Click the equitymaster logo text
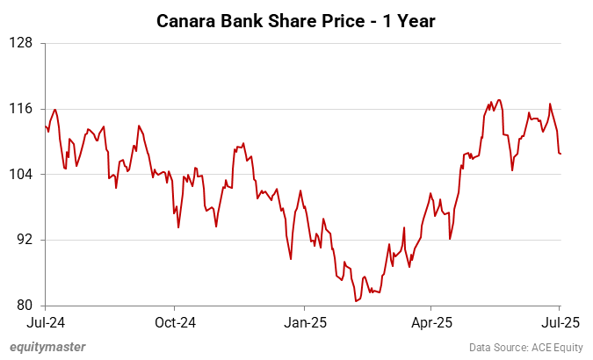(x=47, y=347)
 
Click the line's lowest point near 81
(x=356, y=301)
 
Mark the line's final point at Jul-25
(x=560, y=154)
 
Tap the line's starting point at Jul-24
(x=45, y=126)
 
